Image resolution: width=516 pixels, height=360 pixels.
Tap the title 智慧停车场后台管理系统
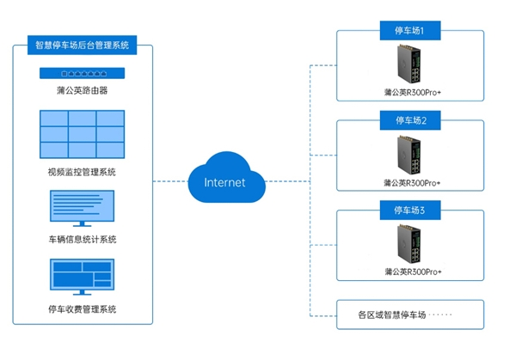[x=83, y=43]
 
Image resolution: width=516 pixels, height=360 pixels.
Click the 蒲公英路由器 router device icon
[x=82, y=73]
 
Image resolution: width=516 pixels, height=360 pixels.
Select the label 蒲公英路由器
[x=83, y=89]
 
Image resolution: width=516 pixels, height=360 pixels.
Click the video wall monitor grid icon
[x=82, y=135]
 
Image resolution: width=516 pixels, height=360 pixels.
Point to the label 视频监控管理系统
[x=83, y=172]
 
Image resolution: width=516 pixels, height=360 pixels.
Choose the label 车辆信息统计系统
[x=83, y=239]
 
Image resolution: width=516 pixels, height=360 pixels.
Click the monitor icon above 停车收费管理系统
[x=83, y=276]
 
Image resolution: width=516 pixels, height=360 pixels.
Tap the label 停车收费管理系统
[x=83, y=308]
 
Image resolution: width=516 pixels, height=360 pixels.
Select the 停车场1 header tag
[x=409, y=32]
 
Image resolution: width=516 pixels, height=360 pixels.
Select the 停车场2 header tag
[x=409, y=120]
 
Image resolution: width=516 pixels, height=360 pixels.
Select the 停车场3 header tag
[x=409, y=209]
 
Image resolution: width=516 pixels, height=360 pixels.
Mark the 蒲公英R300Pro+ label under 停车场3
[x=409, y=272]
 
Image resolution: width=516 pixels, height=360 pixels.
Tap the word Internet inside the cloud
[x=224, y=182]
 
